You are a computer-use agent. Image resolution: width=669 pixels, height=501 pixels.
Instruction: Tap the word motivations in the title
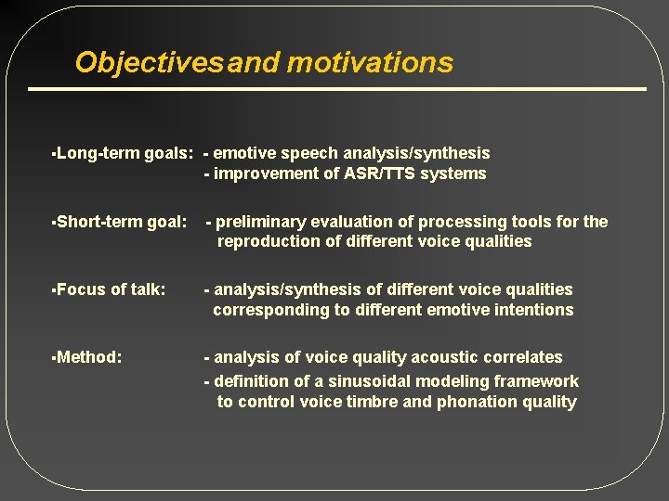pyautogui.click(x=370, y=62)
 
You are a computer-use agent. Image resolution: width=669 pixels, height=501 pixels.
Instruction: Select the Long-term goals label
pyautogui.click(x=125, y=153)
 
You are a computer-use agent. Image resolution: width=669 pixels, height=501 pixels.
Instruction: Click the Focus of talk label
pyautogui.click(x=111, y=289)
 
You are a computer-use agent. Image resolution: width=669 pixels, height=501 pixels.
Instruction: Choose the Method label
pyautogui.click(x=89, y=357)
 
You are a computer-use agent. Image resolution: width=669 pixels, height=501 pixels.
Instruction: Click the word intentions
pyautogui.click(x=532, y=310)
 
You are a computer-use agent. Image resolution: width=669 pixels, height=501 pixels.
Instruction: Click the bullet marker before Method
pyautogui.click(x=54, y=357)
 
